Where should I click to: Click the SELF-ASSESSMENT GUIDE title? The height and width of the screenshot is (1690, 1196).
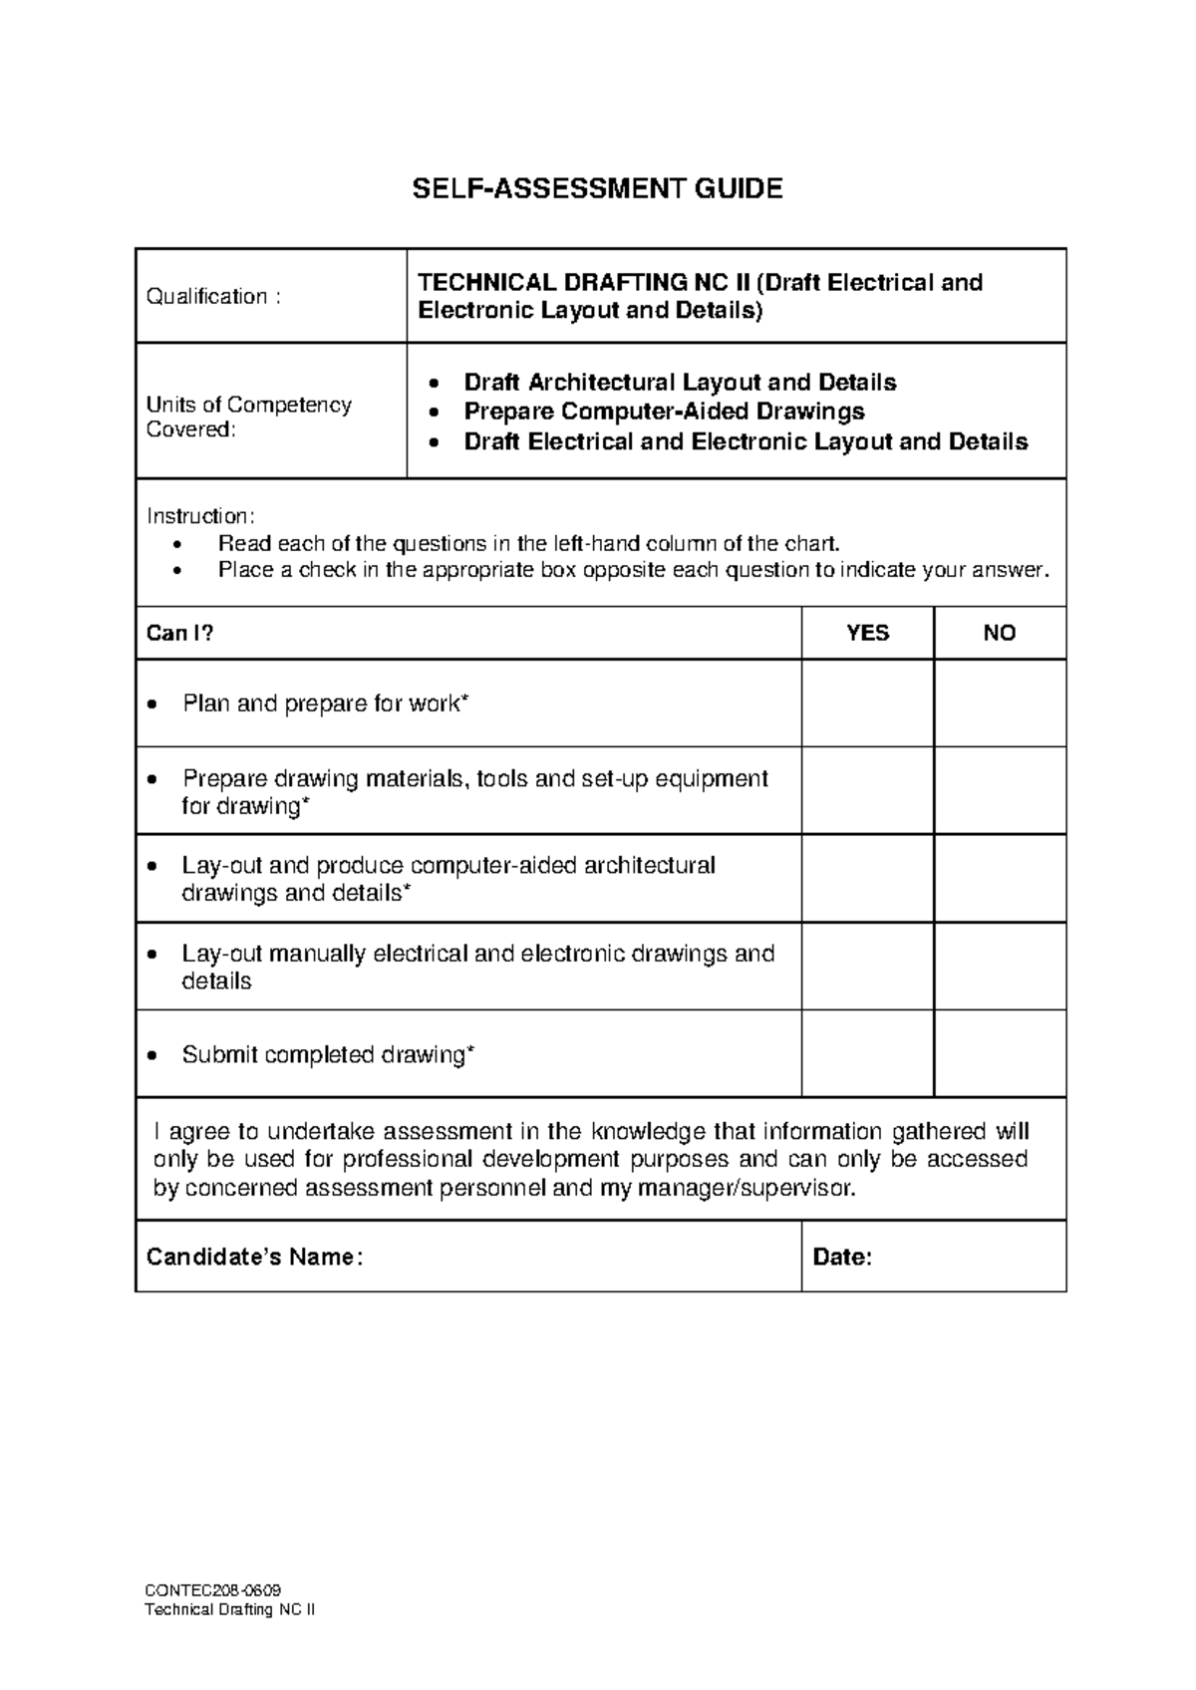point(598,188)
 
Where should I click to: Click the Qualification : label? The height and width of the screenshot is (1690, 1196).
point(213,297)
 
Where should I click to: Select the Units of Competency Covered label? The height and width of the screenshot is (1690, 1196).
point(248,418)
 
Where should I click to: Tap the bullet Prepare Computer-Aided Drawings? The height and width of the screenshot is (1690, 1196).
point(664,412)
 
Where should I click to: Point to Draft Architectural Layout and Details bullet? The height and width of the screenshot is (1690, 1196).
point(680,383)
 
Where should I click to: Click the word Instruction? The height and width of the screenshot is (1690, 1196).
point(200,516)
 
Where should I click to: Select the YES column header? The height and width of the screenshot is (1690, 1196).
point(867,634)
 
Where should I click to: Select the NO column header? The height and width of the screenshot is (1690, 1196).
point(999,634)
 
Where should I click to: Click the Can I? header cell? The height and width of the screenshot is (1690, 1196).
point(180,634)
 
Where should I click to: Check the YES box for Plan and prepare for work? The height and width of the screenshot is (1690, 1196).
point(867,704)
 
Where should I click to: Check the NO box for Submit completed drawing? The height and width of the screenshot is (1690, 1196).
point(1000,1054)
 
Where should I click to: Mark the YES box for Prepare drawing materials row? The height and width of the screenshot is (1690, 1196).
point(867,791)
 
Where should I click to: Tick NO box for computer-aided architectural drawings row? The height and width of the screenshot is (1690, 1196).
point(1000,879)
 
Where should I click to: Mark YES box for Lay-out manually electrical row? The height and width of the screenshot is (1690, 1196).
point(867,967)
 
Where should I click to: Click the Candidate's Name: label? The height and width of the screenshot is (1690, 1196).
point(254,1258)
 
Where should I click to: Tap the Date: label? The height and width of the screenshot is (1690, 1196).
point(842,1258)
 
